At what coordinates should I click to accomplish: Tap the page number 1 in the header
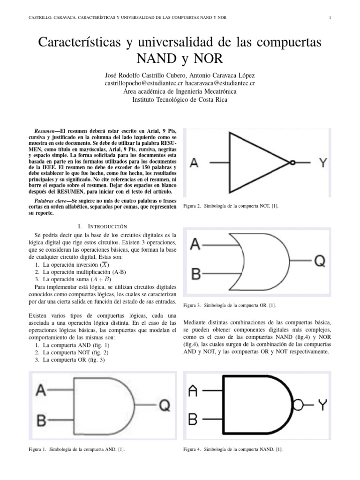[x=330, y=18]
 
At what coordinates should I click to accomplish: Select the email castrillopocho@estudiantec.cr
[x=144, y=83]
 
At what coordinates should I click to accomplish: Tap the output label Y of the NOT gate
[x=323, y=163]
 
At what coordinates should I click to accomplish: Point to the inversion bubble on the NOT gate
[x=292, y=163]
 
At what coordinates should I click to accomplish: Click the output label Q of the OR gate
[x=319, y=261]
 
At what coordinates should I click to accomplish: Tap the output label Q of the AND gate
[x=165, y=405]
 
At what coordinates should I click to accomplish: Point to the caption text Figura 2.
[x=192, y=206]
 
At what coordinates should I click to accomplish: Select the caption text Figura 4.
[x=192, y=449]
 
